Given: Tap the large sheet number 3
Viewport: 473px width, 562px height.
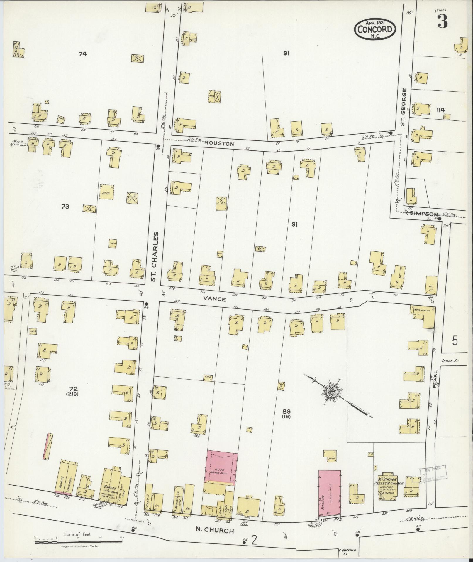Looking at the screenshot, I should point(442,21).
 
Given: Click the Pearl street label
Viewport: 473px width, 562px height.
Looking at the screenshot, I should point(435,379).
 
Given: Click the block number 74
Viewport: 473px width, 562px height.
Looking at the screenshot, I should point(83,54).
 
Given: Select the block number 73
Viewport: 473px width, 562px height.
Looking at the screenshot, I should point(65,207).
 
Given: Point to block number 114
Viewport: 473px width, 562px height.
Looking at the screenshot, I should point(440,110).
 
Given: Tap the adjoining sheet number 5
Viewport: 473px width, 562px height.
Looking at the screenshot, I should point(455,341).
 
